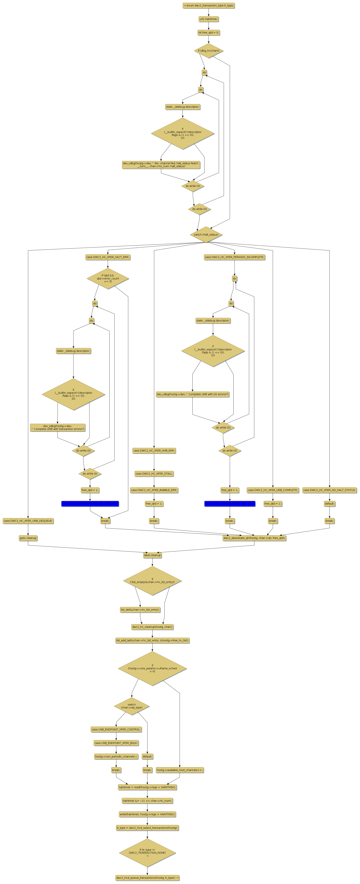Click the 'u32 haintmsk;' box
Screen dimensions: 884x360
208,19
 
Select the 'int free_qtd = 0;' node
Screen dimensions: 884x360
208,33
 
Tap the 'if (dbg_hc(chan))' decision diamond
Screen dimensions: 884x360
208,51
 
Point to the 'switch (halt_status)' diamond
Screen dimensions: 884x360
206,235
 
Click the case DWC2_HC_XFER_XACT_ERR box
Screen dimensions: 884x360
108,257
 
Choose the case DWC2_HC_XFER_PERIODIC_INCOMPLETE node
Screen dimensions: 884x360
234,257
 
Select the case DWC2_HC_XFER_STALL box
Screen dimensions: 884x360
154,474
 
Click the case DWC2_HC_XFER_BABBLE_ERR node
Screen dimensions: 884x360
154,490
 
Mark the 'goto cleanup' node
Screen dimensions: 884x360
28,538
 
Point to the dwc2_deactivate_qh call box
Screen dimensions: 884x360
254,538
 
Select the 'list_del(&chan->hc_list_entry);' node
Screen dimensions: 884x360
140,610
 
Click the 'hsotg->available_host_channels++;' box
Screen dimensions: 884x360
179,770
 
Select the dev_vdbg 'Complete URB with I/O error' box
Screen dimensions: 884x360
192,394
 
